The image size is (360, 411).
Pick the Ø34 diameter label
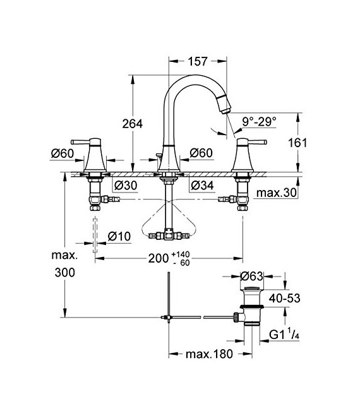[x=202, y=185]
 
